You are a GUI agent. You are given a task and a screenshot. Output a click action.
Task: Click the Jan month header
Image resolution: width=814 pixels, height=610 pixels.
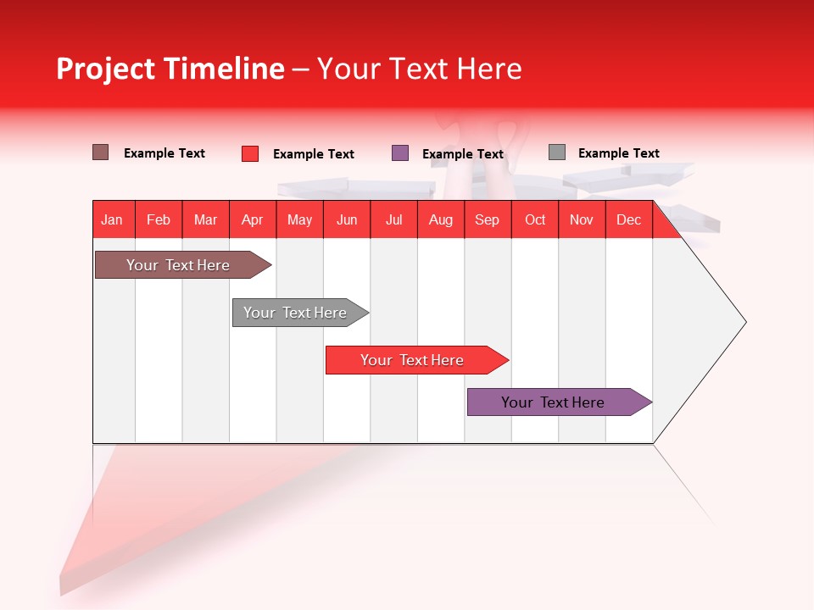click(x=112, y=219)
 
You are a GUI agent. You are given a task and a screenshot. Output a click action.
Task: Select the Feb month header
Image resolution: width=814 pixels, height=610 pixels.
click(x=159, y=219)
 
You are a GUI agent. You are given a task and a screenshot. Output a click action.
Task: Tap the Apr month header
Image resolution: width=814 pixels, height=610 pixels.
click(x=252, y=219)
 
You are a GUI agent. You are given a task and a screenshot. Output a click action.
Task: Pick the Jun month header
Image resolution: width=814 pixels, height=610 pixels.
click(x=347, y=219)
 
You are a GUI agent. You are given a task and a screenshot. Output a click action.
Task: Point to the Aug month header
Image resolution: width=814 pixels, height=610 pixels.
click(x=440, y=219)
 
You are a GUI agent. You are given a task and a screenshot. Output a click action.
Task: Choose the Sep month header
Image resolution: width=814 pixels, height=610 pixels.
click(x=487, y=219)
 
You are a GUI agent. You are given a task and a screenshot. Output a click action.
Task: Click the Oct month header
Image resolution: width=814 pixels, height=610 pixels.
click(x=535, y=219)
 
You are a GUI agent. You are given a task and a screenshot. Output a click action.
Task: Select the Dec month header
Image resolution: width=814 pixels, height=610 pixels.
click(x=628, y=219)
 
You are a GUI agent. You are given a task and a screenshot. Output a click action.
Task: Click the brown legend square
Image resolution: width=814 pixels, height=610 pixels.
click(x=101, y=152)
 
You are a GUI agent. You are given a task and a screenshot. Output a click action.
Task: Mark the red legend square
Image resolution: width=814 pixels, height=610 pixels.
click(x=250, y=153)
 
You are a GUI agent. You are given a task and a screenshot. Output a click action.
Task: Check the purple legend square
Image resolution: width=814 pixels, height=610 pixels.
click(x=400, y=153)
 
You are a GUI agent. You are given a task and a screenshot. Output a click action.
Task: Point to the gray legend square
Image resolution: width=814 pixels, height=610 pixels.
click(x=557, y=152)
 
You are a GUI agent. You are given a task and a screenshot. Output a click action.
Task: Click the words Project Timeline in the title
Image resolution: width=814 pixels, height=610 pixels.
click(x=170, y=69)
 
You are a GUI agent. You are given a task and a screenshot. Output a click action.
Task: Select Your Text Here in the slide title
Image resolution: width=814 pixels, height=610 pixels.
click(x=419, y=69)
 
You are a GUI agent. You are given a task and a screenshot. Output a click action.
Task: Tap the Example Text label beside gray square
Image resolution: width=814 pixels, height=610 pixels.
click(x=618, y=153)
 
